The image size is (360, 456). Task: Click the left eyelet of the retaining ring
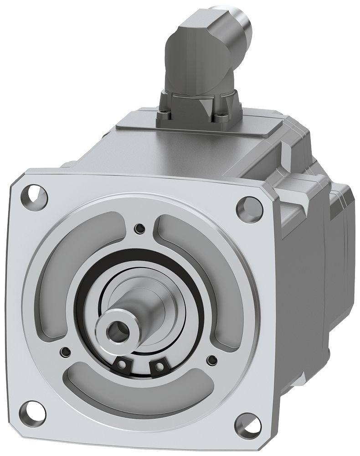[x=122, y=364]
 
